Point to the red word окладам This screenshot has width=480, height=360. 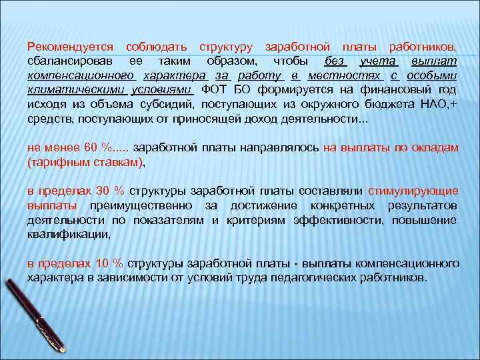[433, 148]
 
